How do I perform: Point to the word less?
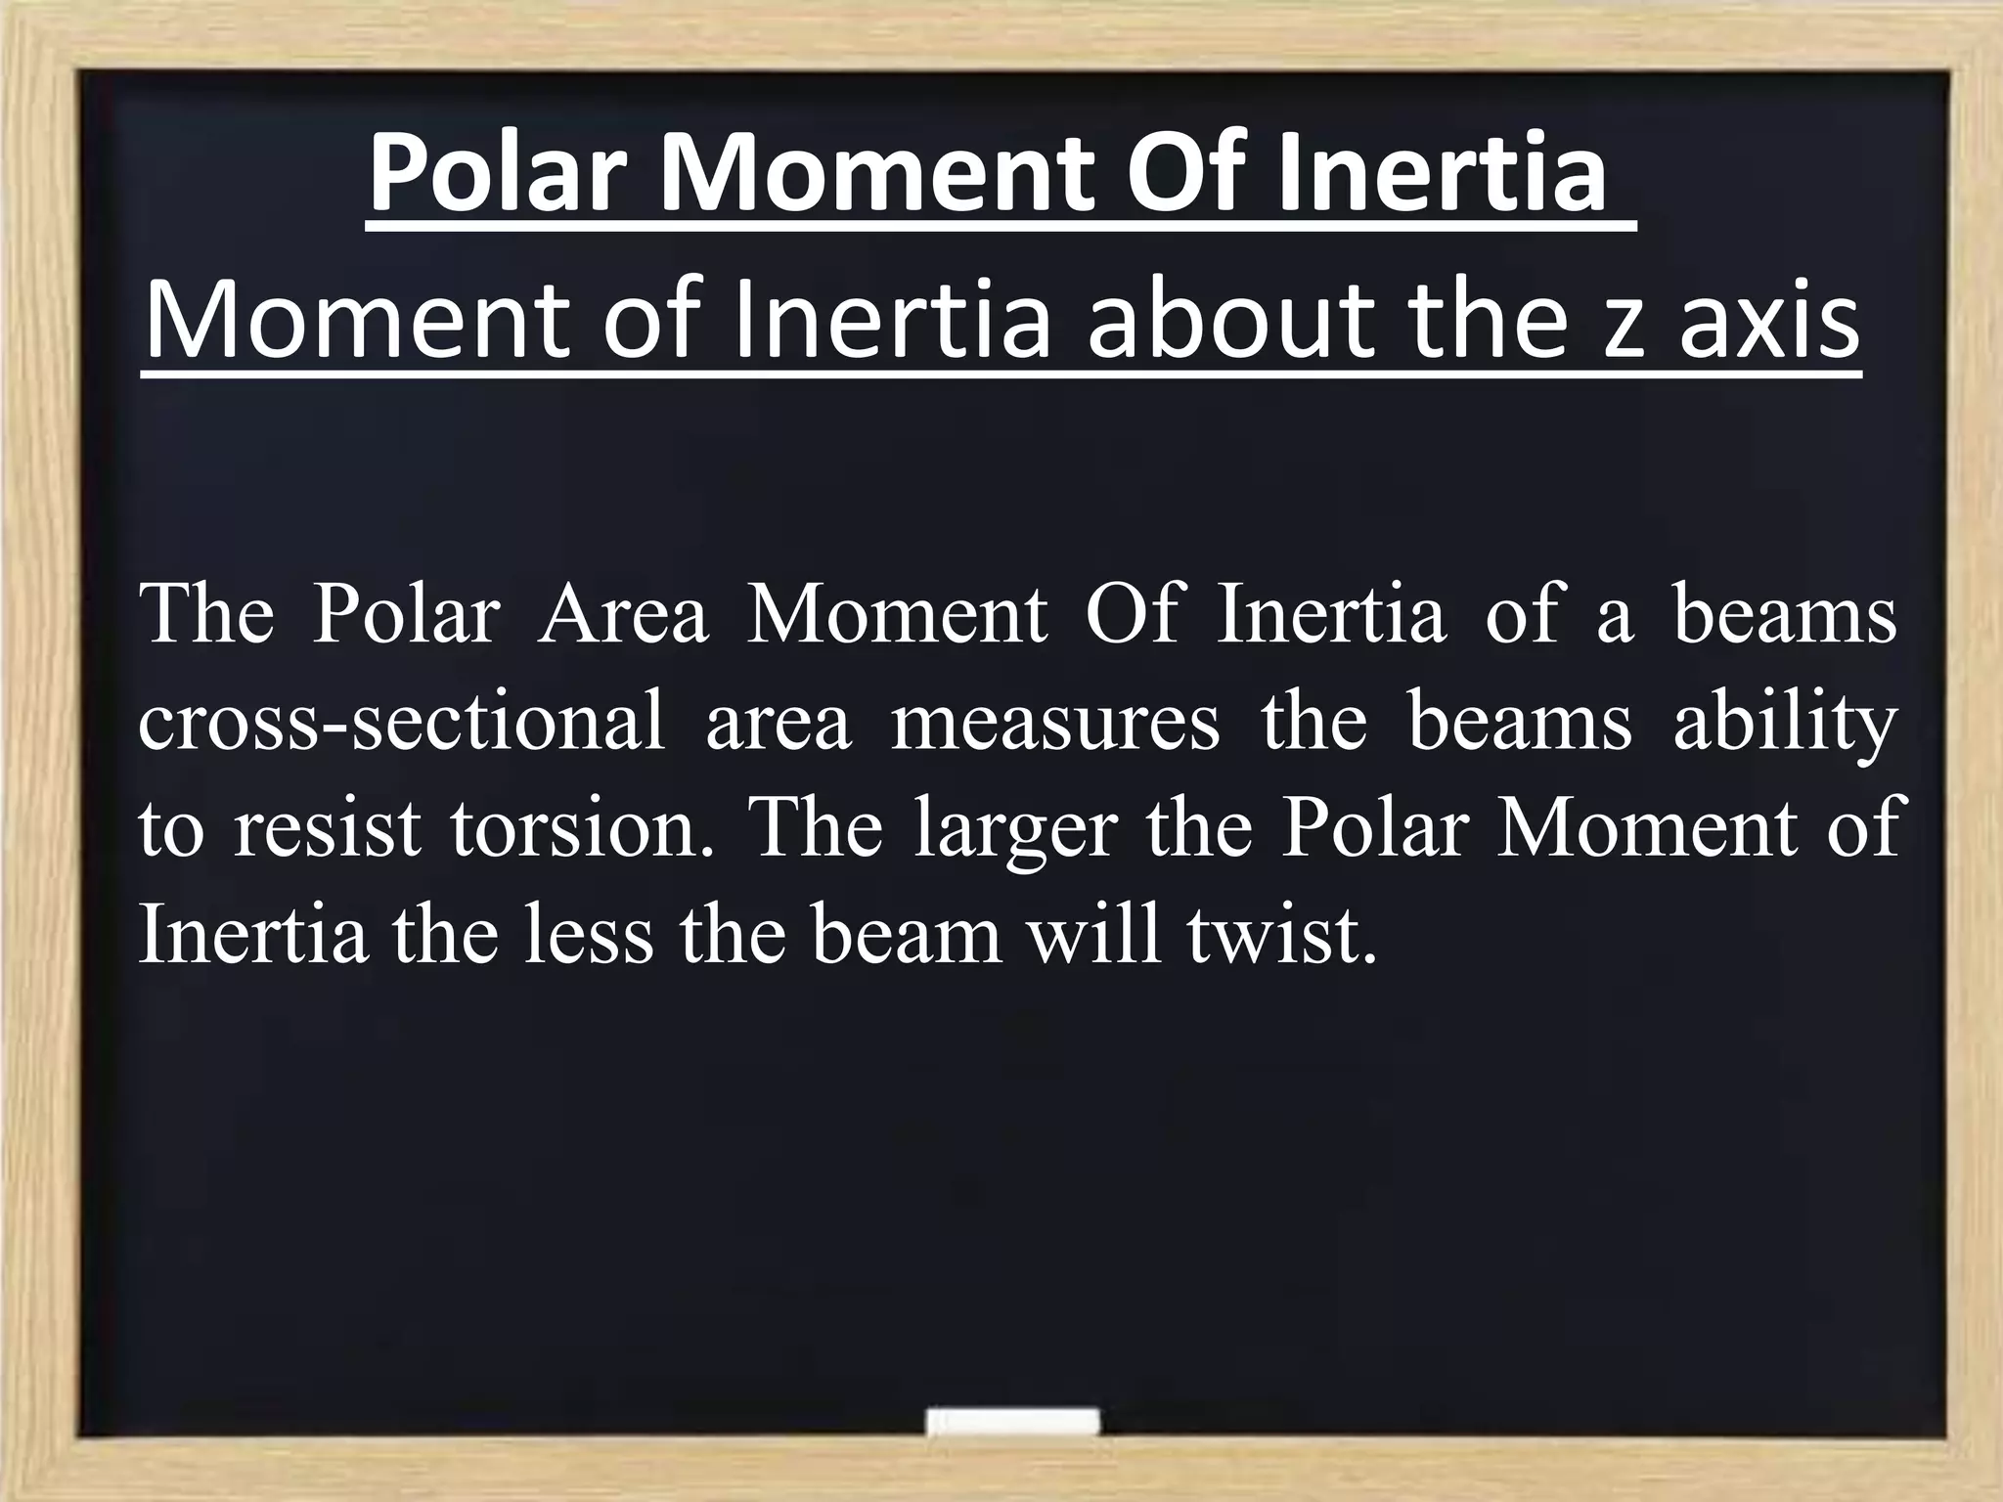(x=588, y=935)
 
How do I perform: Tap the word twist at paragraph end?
(x=1281, y=935)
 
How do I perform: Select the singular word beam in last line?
(x=906, y=935)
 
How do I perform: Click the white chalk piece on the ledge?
(x=1011, y=1422)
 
